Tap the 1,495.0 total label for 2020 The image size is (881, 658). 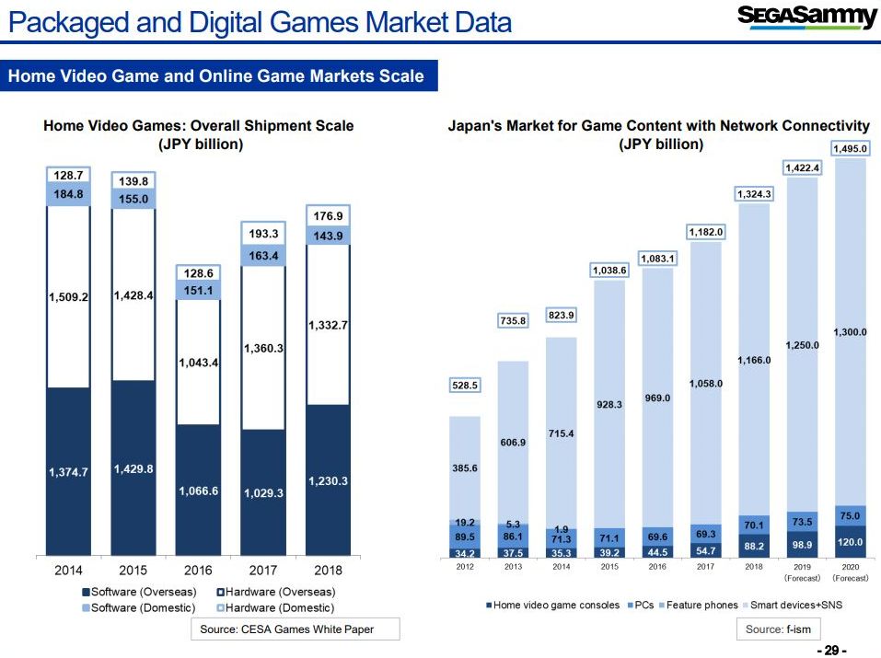[850, 148]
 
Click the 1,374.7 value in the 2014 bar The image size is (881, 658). [68, 472]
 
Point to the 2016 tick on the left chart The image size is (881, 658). [198, 570]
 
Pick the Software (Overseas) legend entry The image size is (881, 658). [137, 591]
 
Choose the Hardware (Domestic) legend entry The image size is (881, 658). [275, 607]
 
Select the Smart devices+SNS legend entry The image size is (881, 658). [793, 605]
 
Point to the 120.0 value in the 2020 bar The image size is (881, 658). [850, 542]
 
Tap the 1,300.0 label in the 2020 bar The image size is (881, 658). [850, 332]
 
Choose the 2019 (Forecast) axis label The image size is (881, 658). [801, 572]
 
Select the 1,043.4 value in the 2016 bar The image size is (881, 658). [198, 364]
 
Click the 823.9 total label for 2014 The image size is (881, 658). [562, 316]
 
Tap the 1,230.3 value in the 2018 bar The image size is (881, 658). [329, 481]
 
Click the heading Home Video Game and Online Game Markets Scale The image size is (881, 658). [216, 76]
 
